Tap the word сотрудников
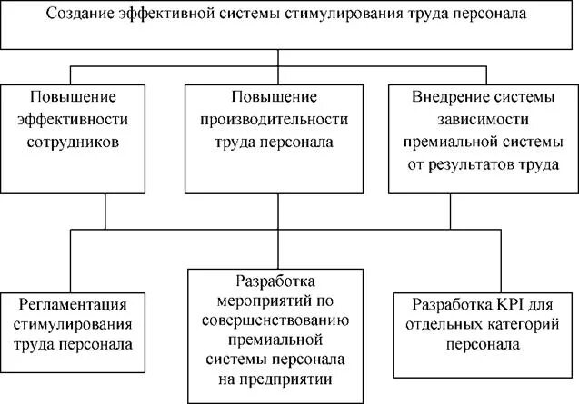(x=75, y=143)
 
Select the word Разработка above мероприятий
(x=274, y=278)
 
